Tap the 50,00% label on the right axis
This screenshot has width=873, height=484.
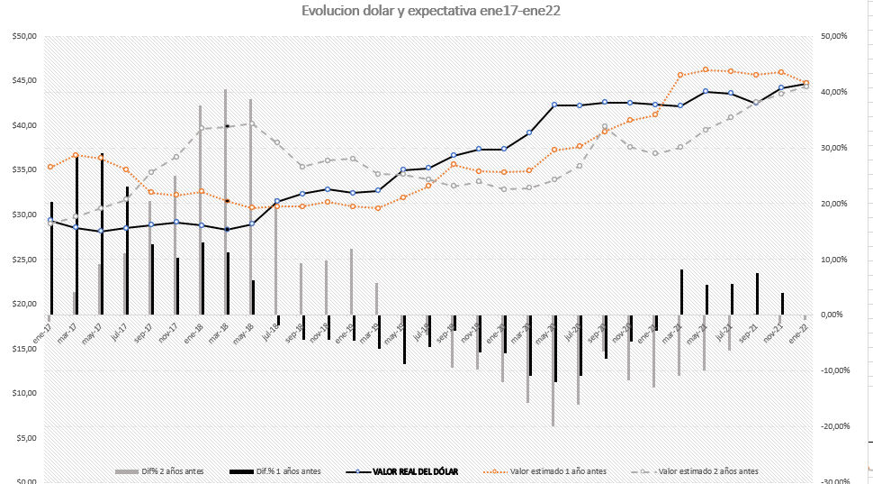pyautogui.click(x=835, y=37)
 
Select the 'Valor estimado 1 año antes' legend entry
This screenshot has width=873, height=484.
pyautogui.click(x=558, y=471)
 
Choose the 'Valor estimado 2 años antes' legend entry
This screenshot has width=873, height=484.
pyautogui.click(x=708, y=471)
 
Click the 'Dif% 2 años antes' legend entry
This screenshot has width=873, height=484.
pyautogui.click(x=177, y=471)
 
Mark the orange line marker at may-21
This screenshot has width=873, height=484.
pyautogui.click(x=706, y=69)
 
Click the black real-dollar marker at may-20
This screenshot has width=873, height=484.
pyautogui.click(x=554, y=105)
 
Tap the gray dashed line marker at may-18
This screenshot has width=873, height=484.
pyautogui.click(x=252, y=123)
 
